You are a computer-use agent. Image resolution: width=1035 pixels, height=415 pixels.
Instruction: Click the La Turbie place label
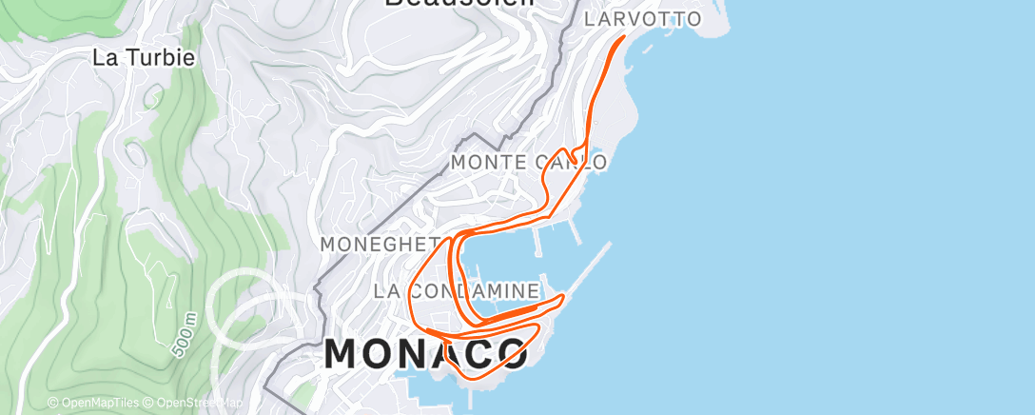[x=144, y=57]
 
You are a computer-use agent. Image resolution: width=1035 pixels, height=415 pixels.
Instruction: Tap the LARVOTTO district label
[x=642, y=19]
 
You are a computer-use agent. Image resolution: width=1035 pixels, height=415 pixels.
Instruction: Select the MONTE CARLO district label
[x=529, y=163]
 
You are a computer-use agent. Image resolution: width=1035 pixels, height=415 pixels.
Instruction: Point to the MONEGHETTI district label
[x=381, y=245]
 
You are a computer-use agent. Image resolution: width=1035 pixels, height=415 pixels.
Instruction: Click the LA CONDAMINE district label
[x=457, y=290]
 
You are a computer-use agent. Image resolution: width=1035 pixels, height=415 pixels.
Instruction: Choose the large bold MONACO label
[x=426, y=354]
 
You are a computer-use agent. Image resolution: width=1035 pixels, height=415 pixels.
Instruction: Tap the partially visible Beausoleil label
[x=459, y=4]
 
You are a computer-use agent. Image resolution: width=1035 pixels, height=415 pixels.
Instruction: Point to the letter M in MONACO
[x=348, y=354]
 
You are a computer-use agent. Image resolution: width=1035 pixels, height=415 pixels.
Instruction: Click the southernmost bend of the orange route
[x=474, y=378]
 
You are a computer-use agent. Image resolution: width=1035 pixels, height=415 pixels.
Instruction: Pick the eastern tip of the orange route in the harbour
[x=564, y=297]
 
